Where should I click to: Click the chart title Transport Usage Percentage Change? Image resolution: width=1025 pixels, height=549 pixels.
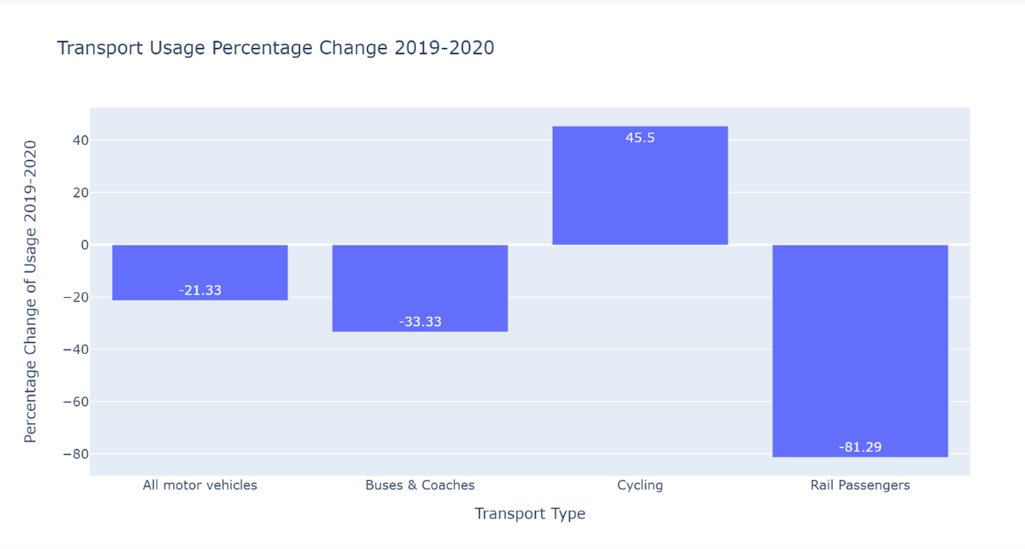coord(275,48)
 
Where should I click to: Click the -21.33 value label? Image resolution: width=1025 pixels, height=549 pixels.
coord(200,290)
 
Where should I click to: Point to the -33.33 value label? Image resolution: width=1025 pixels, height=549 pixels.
coord(420,322)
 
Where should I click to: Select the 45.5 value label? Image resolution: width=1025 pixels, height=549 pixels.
coord(640,138)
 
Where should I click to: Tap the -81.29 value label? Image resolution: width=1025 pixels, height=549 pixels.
coord(860,447)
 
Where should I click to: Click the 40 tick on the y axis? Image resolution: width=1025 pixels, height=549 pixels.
coord(79,140)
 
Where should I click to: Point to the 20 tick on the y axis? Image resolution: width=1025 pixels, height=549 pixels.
coord(79,193)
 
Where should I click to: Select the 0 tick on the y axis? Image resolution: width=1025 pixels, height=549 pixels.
coord(84,245)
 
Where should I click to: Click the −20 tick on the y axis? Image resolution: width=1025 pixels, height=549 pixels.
coord(75,298)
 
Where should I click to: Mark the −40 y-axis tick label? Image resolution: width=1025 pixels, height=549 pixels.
coord(75,349)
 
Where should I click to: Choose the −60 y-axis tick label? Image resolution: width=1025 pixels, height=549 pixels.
coord(75,402)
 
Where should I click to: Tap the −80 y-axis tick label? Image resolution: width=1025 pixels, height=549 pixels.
coord(75,454)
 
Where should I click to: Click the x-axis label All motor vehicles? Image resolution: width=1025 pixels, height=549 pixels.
coord(200,485)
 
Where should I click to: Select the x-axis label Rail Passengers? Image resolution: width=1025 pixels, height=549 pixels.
coord(860,485)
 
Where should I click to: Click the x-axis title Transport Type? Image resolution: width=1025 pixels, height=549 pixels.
coord(530,514)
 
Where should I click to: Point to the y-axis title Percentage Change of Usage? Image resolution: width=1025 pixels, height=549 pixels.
coord(30,291)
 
